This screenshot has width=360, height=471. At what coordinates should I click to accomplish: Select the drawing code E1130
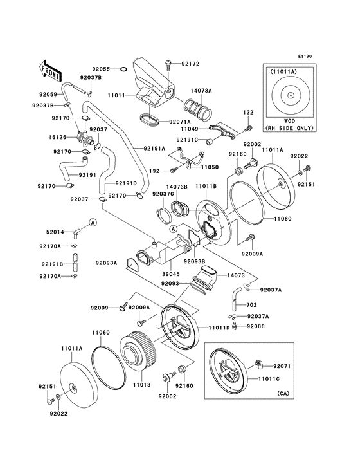[x=305, y=57]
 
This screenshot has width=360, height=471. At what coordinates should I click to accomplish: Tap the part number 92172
[x=190, y=64]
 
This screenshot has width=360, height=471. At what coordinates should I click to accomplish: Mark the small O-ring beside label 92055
[x=123, y=69]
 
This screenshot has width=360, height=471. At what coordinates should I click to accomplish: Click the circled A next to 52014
[x=93, y=223]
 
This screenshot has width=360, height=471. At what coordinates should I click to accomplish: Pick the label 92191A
[x=154, y=148]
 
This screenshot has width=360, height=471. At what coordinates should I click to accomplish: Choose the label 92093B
[x=194, y=261]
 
